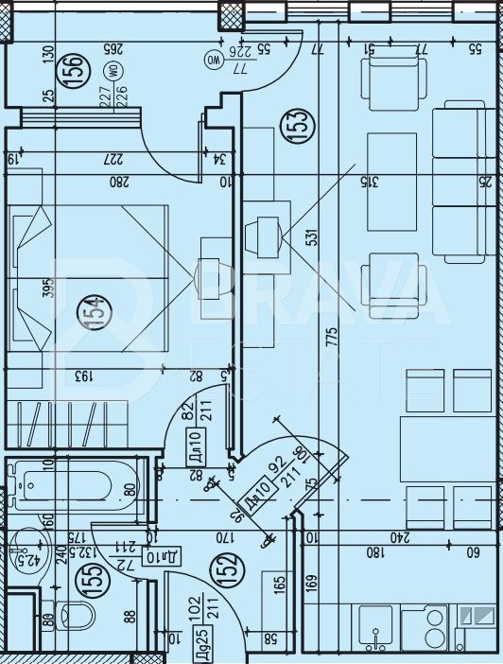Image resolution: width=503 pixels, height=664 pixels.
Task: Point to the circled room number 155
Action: [93, 577]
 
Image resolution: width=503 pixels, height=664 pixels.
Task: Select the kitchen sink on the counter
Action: [376, 626]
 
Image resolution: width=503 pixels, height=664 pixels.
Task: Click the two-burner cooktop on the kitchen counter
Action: [428, 626]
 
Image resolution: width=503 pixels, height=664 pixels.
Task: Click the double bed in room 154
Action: [90, 279]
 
